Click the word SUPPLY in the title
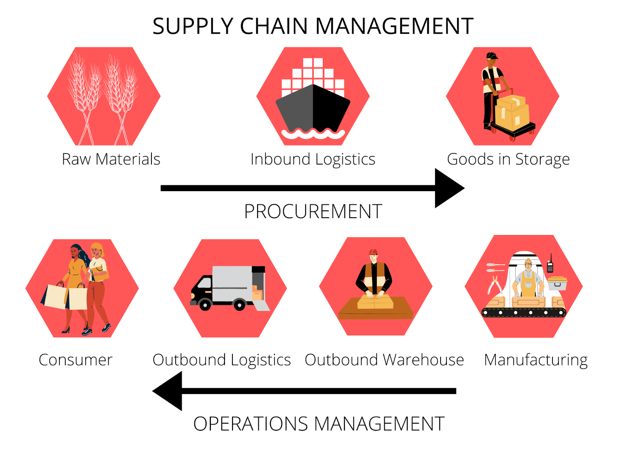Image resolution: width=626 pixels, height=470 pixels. point(193,26)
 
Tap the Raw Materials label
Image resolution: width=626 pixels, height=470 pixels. point(111,159)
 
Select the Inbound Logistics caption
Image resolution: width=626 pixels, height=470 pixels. point(313,159)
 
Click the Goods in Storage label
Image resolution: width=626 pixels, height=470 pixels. point(508,159)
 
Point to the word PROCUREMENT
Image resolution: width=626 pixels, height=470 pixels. point(313,211)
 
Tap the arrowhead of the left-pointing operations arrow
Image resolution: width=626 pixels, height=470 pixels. point(167,391)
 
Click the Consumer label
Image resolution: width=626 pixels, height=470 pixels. point(76,360)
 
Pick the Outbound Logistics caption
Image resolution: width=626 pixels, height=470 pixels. point(221,360)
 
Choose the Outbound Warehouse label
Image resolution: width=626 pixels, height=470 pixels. point(384,360)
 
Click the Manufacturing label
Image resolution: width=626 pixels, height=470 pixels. point(536,360)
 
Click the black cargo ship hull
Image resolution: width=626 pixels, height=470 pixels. point(313,109)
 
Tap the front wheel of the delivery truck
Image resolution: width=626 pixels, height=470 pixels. point(205,304)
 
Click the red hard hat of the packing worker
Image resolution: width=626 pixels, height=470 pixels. point(373,252)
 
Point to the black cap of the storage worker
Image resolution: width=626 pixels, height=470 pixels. point(492,56)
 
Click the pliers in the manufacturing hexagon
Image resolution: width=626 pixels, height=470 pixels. point(495,285)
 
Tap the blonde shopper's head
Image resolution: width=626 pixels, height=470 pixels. point(97,250)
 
